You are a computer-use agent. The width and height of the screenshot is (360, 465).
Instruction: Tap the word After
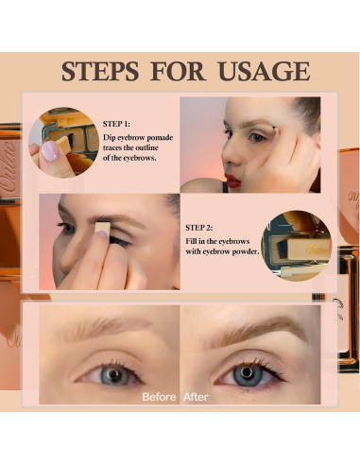tap(197, 396)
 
